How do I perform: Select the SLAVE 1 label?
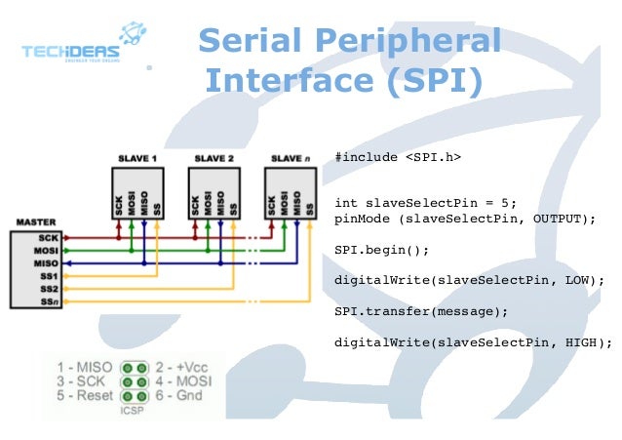[137, 158]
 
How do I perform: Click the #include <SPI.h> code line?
[397, 156]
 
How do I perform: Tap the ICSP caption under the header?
[134, 411]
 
